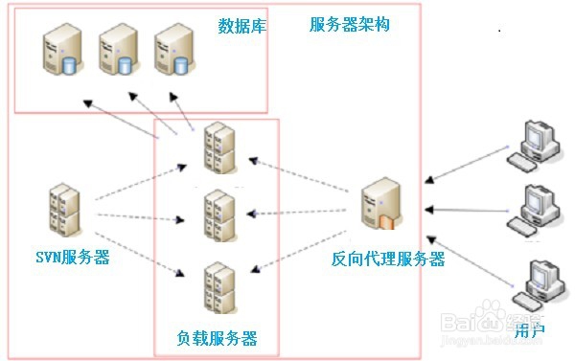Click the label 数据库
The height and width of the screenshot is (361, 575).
tap(241, 25)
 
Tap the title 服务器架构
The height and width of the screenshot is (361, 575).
tap(349, 25)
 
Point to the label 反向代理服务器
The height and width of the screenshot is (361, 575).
tap(388, 259)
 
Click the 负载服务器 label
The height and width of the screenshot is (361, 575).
tap(217, 338)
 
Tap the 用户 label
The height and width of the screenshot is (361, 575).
tap(528, 332)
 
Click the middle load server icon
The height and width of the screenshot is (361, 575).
tap(219, 216)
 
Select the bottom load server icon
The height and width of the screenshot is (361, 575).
tap(219, 286)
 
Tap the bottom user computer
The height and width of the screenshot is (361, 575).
tap(537, 283)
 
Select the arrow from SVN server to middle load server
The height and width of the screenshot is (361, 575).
tap(139, 216)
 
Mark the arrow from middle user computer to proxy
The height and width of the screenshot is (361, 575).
tap(466, 208)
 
